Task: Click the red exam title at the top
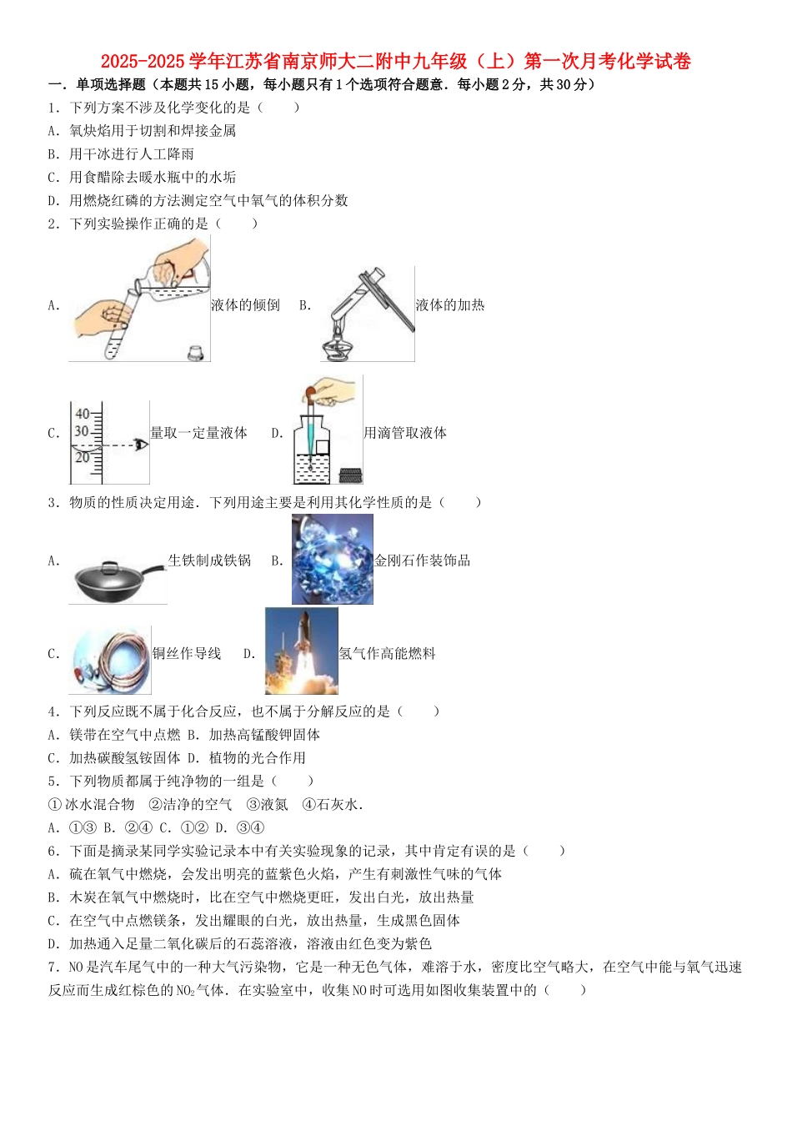(395, 62)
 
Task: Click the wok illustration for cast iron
(117, 577)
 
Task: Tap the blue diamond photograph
(332, 559)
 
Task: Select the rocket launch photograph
(301, 651)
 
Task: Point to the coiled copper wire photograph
(110, 660)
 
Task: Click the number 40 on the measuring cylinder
(83, 414)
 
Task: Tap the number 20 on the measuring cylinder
(83, 457)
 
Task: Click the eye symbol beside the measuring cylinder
(141, 445)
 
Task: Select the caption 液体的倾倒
(245, 305)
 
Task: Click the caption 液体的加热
(449, 305)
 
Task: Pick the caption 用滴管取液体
(404, 433)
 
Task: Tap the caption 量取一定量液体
(198, 433)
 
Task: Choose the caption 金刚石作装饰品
(422, 560)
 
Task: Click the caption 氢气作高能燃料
(387, 654)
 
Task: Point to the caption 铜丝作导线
(187, 654)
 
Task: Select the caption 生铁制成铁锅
(209, 560)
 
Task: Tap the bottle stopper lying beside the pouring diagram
(197, 352)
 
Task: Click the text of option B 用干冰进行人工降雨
(132, 154)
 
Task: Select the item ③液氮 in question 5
(267, 805)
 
